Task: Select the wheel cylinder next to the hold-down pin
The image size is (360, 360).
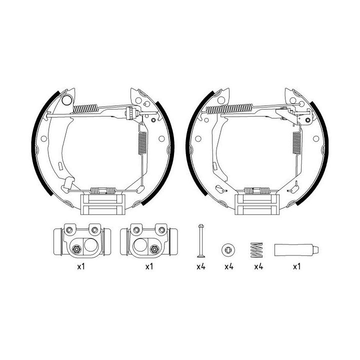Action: pos(148,241)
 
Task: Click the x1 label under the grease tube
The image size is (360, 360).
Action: pos(296,267)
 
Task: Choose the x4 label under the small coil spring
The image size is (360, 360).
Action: pos(257,267)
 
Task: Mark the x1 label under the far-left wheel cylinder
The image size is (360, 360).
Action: pos(80,267)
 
